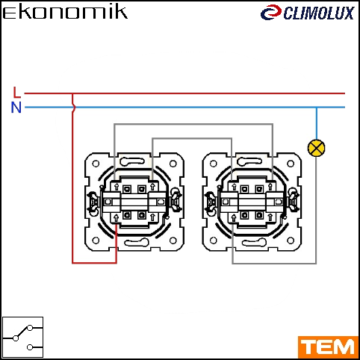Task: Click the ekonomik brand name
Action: click(x=65, y=12)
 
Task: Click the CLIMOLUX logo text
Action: click(x=319, y=13)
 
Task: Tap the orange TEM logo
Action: click(x=328, y=347)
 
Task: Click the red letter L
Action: click(x=16, y=92)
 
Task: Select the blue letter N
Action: click(x=16, y=108)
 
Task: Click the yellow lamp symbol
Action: click(x=316, y=148)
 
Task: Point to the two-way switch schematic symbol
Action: click(x=22, y=337)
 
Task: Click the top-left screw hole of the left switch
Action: click(x=96, y=164)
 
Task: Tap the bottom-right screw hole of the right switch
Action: click(x=291, y=240)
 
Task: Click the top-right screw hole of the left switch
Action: click(x=173, y=164)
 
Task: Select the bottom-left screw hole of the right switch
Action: click(x=214, y=240)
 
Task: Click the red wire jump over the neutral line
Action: click(x=73, y=108)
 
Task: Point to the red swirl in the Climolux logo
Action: click(x=271, y=13)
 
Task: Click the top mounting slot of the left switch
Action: click(x=132, y=162)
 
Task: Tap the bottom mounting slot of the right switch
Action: click(x=254, y=243)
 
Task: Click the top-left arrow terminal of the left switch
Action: click(x=117, y=187)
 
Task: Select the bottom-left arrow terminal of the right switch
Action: click(x=234, y=218)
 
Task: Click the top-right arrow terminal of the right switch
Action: click(x=270, y=187)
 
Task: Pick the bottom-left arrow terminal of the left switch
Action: click(x=116, y=218)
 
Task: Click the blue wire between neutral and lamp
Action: click(x=317, y=123)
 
